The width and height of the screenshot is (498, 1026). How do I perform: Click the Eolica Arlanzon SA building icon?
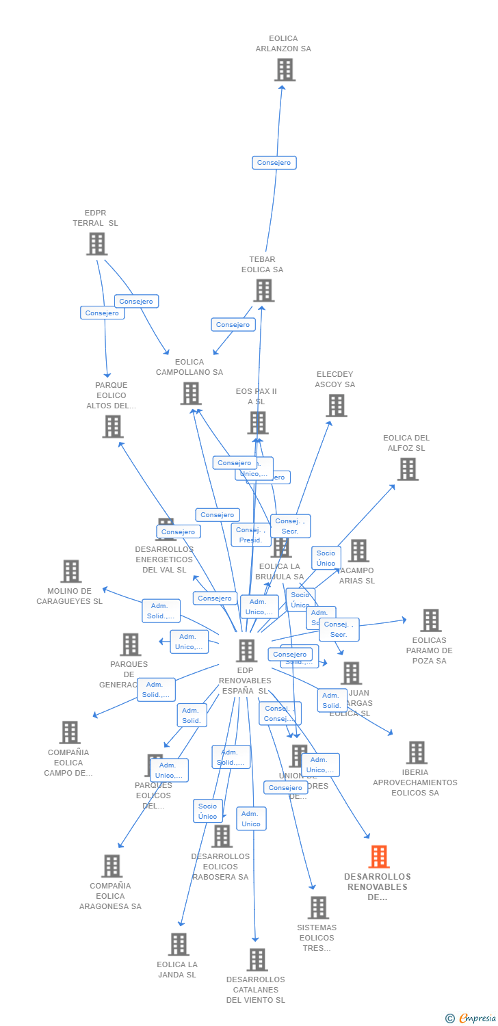pyautogui.click(x=284, y=70)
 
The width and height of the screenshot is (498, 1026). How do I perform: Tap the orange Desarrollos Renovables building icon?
pyautogui.click(x=378, y=856)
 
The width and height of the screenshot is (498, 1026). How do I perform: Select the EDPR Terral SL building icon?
pyautogui.click(x=96, y=244)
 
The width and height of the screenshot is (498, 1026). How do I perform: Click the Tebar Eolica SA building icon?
pyautogui.click(x=263, y=291)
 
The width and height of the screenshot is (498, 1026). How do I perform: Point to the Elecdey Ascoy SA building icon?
pyautogui.click(x=335, y=406)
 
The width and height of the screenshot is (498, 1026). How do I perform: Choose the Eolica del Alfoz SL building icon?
pyautogui.click(x=408, y=469)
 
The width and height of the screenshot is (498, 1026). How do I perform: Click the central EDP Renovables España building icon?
pyautogui.click(x=246, y=650)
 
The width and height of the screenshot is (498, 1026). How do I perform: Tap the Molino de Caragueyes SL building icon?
pyautogui.click(x=70, y=571)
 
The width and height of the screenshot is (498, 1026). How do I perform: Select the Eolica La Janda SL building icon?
pyautogui.click(x=178, y=945)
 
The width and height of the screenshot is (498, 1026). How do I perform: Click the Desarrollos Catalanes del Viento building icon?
pyautogui.click(x=257, y=960)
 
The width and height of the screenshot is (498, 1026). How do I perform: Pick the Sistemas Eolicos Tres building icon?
pyautogui.click(x=317, y=908)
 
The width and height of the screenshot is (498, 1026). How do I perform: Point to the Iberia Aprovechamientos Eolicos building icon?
pyautogui.click(x=416, y=752)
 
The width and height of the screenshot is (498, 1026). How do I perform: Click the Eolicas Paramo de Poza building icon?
pyautogui.click(x=430, y=620)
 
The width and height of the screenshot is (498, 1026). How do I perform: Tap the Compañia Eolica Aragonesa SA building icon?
pyautogui.click(x=111, y=866)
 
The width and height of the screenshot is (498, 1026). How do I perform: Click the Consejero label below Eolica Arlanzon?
pyautogui.click(x=274, y=163)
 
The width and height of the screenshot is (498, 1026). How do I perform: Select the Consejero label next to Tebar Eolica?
pyautogui.click(x=233, y=325)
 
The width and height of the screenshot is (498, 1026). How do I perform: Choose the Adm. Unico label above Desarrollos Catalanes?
pyautogui.click(x=251, y=819)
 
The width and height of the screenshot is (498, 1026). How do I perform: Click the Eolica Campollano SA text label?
pyautogui.click(x=189, y=367)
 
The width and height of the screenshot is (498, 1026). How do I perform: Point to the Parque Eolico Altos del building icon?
pyautogui.click(x=112, y=427)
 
